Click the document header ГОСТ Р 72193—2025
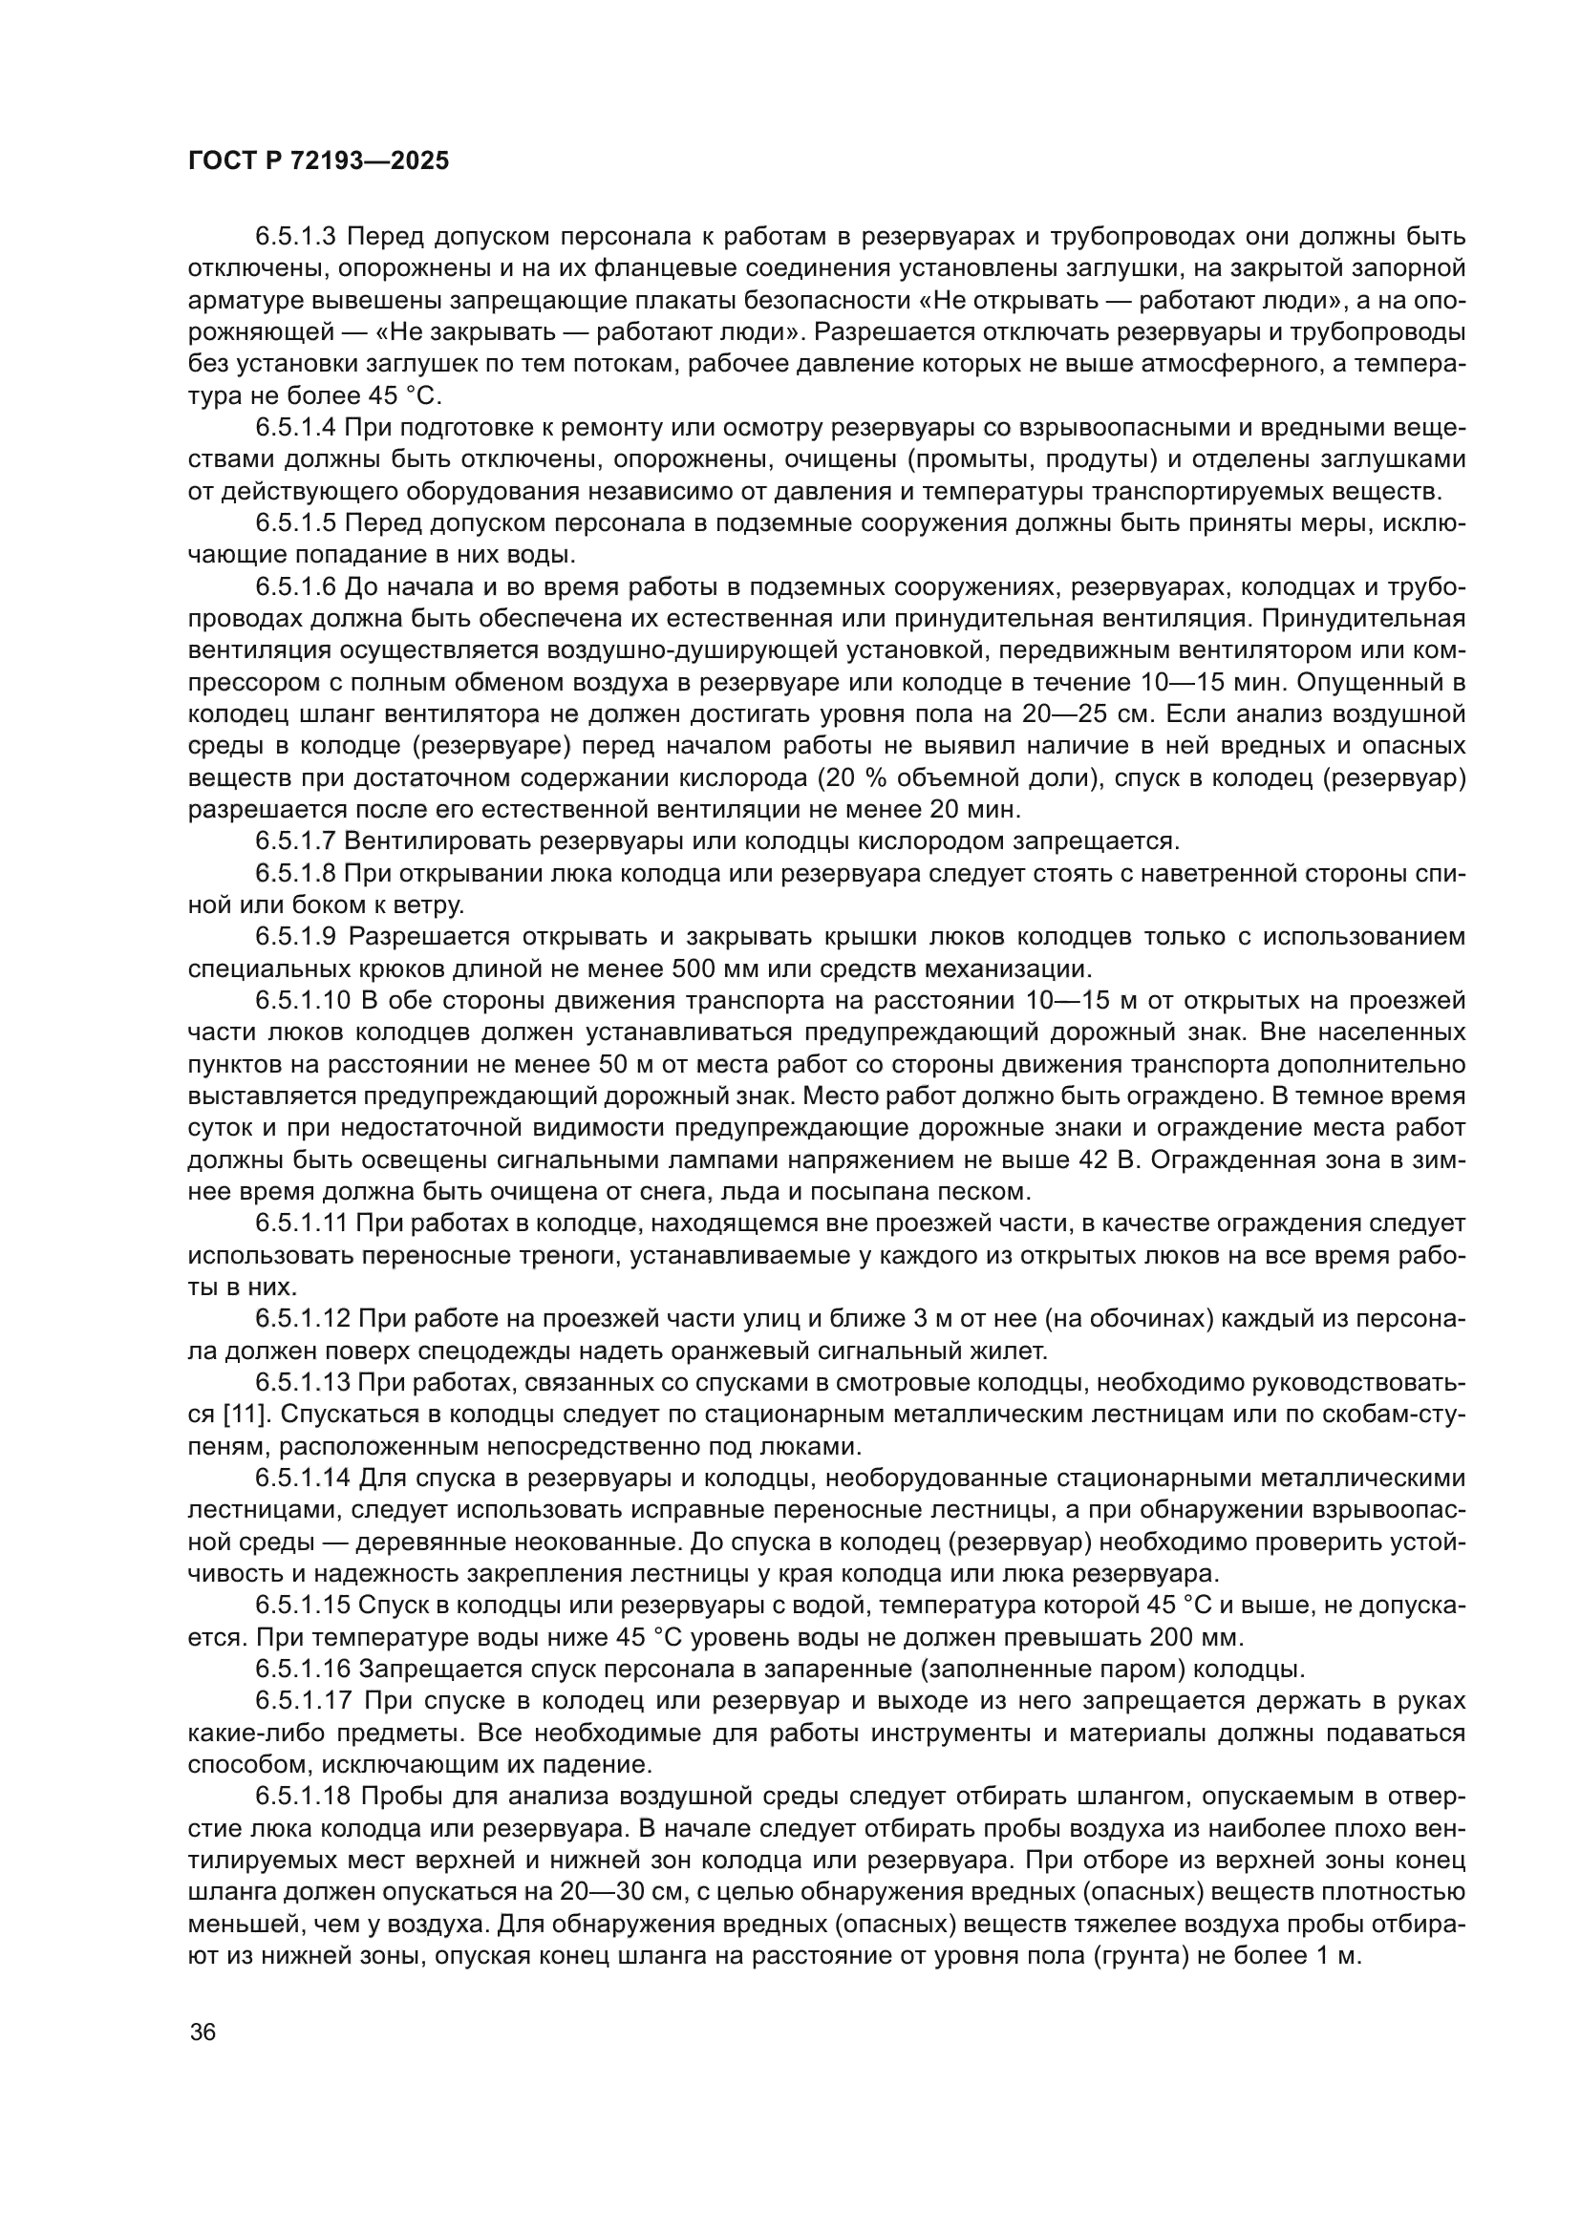[318, 161]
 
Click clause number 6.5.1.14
[303, 1478]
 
